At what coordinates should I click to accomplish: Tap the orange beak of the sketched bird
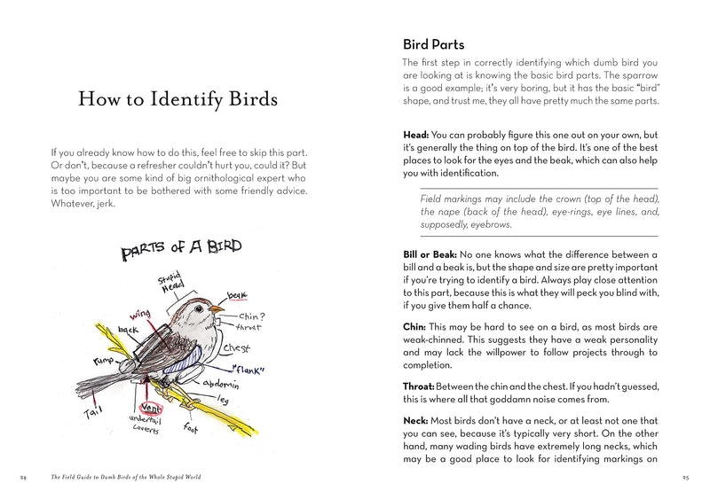tap(216, 309)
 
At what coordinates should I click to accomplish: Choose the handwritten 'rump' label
tap(105, 362)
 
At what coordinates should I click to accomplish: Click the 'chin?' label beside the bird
tap(253, 315)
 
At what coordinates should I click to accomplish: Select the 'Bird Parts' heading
tap(433, 44)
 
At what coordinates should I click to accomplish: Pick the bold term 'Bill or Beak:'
tap(430, 255)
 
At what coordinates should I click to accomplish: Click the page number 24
tap(23, 477)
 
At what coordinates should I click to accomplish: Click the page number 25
tap(686, 477)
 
